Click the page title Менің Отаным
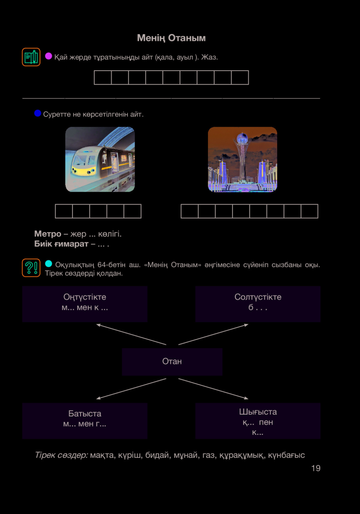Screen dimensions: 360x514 (x=171, y=38)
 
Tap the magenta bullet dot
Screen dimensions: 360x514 (x=49, y=56)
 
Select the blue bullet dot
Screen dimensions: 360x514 (x=38, y=113)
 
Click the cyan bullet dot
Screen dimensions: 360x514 (x=49, y=264)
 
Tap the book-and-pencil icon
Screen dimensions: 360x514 (x=31, y=57)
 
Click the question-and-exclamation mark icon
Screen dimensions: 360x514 (x=31, y=268)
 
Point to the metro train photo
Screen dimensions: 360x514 (x=100, y=159)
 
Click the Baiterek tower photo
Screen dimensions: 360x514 (x=243, y=159)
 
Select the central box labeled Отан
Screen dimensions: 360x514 (x=172, y=362)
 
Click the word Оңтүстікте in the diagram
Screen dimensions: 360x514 (x=85, y=297)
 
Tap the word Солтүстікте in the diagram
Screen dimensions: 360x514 (x=258, y=297)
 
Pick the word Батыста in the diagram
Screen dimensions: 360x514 (x=85, y=413)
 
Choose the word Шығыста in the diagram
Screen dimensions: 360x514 (x=258, y=412)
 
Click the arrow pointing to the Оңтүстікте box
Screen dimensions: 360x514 (x=131, y=335)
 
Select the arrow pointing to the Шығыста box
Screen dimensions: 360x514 (x=213, y=389)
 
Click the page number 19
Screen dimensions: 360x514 (x=316, y=468)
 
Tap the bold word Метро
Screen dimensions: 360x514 (x=48, y=234)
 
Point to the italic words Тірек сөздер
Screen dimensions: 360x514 (x=61, y=455)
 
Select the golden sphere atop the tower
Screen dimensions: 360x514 (x=243, y=137)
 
